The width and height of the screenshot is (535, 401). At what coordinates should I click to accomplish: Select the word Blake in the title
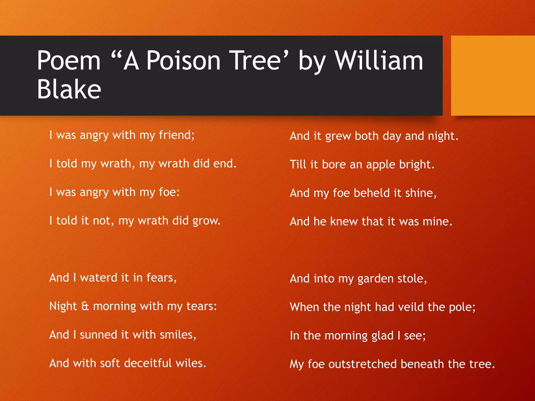[x=69, y=89]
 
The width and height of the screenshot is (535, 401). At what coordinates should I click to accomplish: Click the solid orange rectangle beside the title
[x=493, y=75]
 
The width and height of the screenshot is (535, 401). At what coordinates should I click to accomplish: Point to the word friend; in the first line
[x=177, y=135]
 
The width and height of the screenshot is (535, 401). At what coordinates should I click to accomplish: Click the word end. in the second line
[x=225, y=164]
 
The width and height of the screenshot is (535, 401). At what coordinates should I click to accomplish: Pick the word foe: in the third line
[x=169, y=192]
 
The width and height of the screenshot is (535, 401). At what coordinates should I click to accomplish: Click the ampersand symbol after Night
[x=85, y=306]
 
